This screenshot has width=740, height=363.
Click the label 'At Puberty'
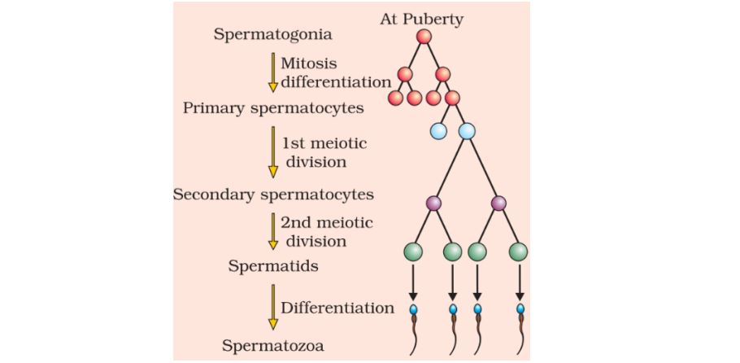coord(421,19)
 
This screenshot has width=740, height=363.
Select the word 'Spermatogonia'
coord(261,35)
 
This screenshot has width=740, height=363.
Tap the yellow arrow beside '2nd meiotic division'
coord(273,230)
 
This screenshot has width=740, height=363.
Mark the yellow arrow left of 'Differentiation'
coord(273,308)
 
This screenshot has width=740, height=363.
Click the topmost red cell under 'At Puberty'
coord(424,37)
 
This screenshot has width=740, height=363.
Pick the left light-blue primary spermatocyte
coord(438,130)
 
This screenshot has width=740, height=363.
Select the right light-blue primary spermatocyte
coord(467,130)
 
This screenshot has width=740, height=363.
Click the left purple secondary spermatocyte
coord(433,203)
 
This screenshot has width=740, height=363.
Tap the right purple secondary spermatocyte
coord(498,203)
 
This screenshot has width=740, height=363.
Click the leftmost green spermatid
coord(413,251)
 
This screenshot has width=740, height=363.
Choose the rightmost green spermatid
coord(519,251)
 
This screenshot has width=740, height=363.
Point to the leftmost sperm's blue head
coord(413,310)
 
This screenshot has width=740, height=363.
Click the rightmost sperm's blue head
coord(520,310)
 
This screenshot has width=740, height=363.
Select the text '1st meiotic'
coord(324,143)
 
